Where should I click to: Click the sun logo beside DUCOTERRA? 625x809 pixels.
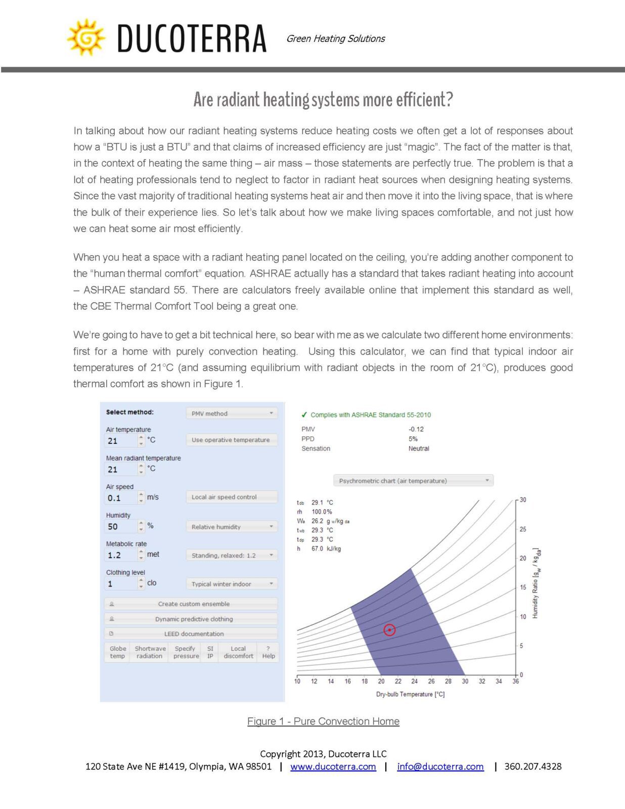(86, 37)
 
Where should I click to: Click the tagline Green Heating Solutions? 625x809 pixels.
(335, 39)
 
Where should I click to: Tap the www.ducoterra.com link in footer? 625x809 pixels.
(333, 767)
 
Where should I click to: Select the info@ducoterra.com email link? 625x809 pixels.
(440, 767)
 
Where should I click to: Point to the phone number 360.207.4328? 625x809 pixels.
(532, 767)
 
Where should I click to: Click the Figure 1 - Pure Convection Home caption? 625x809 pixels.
(323, 722)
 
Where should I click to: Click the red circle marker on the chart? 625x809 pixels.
(389, 630)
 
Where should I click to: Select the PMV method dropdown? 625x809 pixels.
(232, 414)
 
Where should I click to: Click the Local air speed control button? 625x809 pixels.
(232, 497)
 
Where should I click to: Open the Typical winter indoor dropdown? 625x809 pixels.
(232, 584)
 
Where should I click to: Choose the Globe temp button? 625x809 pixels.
(117, 652)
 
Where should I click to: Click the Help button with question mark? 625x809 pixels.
(269, 652)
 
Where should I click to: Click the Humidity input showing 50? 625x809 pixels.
(120, 526)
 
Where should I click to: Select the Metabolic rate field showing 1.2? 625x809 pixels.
(120, 555)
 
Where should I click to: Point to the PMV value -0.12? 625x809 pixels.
(416, 429)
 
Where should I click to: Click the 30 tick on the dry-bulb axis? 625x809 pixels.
(465, 681)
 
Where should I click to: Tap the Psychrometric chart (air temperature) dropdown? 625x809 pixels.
(413, 481)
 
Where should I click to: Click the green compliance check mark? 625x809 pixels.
(304, 415)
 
